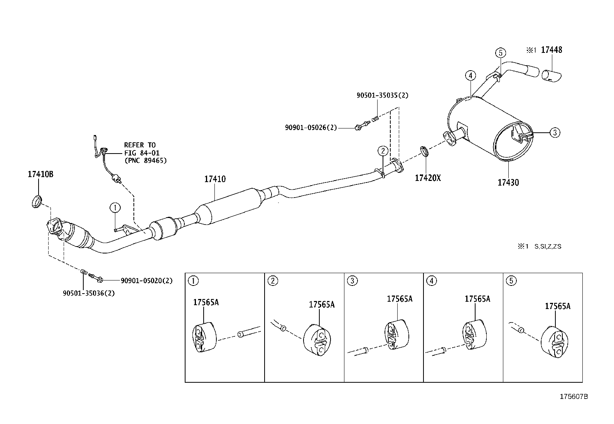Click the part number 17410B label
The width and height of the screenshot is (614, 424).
click(x=40, y=174)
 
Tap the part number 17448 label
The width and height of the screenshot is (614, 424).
click(x=551, y=50)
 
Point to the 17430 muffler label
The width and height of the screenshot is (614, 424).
click(x=508, y=182)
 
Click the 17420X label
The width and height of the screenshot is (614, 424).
click(x=427, y=178)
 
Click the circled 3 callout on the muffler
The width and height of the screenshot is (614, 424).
click(x=555, y=133)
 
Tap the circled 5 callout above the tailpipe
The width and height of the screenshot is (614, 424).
click(x=500, y=52)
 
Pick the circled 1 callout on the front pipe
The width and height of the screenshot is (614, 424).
click(x=115, y=208)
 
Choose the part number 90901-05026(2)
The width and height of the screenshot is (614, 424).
click(x=311, y=127)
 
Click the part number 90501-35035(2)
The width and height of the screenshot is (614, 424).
click(x=382, y=95)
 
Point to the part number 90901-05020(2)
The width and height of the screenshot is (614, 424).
click(x=147, y=281)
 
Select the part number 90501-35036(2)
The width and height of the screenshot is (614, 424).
click(x=89, y=293)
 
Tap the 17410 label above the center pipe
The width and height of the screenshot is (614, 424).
click(x=215, y=179)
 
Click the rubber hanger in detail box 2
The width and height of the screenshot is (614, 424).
click(x=317, y=340)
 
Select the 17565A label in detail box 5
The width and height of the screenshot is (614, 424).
click(x=557, y=306)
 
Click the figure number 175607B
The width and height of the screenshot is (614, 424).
click(x=574, y=397)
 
